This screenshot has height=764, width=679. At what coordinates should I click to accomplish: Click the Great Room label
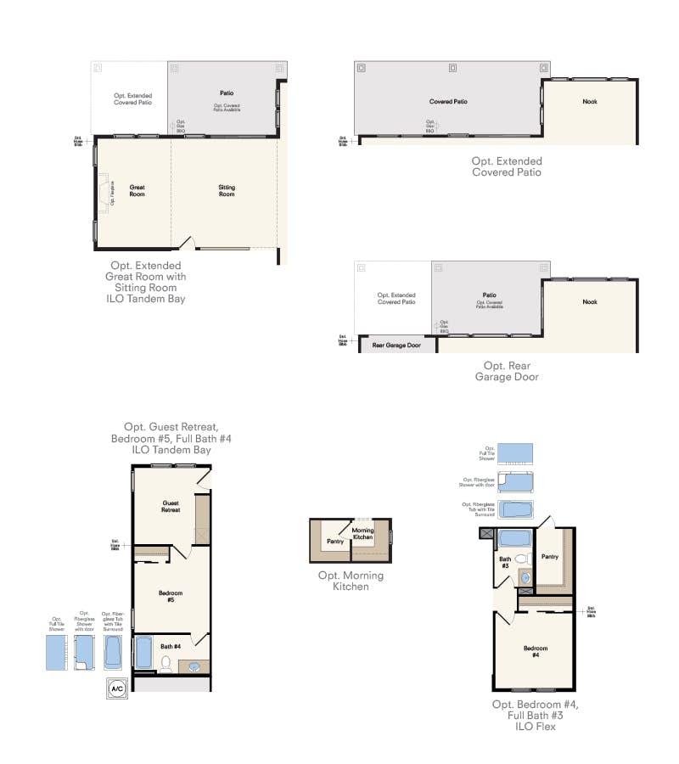click(x=137, y=190)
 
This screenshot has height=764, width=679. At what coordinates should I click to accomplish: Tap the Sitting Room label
click(x=227, y=190)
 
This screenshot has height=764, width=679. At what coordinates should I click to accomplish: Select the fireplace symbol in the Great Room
click(x=107, y=191)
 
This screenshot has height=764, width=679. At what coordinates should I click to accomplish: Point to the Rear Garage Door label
click(x=396, y=345)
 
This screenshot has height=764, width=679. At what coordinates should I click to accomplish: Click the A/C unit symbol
click(x=116, y=688)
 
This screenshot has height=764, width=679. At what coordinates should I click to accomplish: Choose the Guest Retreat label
click(x=171, y=506)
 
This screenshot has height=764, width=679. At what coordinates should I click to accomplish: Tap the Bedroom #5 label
click(x=170, y=596)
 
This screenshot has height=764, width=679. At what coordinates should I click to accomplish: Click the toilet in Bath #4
click(x=166, y=663)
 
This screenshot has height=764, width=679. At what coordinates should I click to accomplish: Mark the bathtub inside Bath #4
click(x=143, y=653)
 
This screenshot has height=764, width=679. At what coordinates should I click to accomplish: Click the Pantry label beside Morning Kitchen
click(x=334, y=540)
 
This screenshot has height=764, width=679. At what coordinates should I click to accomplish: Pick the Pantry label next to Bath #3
click(x=550, y=557)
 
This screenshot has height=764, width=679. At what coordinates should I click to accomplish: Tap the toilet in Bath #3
click(x=523, y=559)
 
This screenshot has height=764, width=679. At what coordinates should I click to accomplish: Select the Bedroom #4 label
click(x=535, y=651)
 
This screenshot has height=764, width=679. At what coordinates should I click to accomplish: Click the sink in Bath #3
click(x=525, y=578)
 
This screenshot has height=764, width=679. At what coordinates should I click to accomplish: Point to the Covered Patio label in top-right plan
click(x=448, y=102)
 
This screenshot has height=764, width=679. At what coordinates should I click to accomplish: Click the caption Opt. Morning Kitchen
click(x=351, y=581)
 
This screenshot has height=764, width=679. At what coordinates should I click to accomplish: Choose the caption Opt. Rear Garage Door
click(x=507, y=371)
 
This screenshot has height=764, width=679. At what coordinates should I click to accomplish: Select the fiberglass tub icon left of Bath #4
click(x=113, y=652)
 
